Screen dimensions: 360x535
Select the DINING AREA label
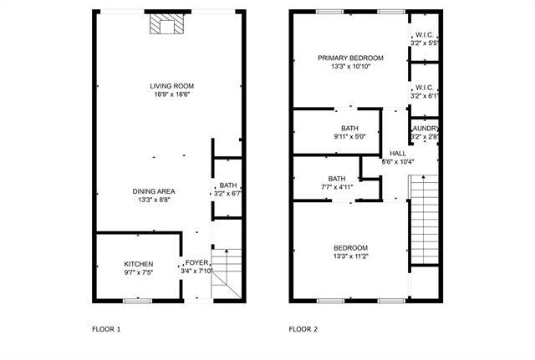pyautogui.click(x=155, y=190)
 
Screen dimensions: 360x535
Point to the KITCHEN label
pyautogui.click(x=139, y=264)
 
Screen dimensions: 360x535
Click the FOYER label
pyautogui.click(x=196, y=263)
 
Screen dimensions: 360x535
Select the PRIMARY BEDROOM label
pyautogui.click(x=350, y=58)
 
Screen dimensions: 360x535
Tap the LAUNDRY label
pyautogui.click(x=424, y=128)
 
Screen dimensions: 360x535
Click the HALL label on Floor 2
pyautogui.click(x=398, y=153)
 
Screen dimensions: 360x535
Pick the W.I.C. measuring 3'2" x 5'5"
pyautogui.click(x=424, y=35)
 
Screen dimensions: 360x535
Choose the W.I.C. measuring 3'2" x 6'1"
pyautogui.click(x=424, y=87)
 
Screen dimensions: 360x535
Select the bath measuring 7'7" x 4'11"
pyautogui.click(x=337, y=179)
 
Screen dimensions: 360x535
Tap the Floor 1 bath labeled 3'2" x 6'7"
pyautogui.click(x=227, y=186)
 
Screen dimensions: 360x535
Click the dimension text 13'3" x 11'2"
pyautogui.click(x=350, y=257)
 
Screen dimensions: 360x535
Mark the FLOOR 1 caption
pyautogui.click(x=106, y=329)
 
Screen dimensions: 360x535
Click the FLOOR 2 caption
pyautogui.click(x=303, y=329)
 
